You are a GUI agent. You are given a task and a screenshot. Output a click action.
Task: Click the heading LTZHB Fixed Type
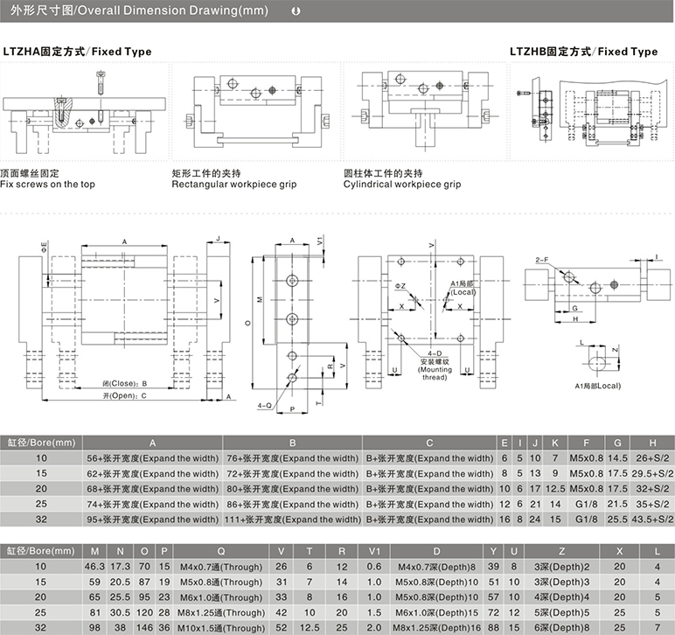tap(584, 52)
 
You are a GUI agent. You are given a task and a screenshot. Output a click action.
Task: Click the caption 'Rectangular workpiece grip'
tap(234, 185)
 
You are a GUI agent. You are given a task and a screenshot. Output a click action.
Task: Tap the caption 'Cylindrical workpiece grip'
tap(402, 185)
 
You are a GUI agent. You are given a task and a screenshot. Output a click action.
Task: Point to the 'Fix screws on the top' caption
tap(47, 185)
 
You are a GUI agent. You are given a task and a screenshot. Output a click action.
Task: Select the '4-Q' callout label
tap(264, 405)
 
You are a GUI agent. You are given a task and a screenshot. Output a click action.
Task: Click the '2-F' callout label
tap(542, 260)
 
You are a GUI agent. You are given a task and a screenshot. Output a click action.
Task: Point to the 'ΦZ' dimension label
tap(400, 286)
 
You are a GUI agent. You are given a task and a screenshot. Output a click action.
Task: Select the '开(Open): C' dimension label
tap(124, 395)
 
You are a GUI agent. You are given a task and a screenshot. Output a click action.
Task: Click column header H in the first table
tap(652, 443)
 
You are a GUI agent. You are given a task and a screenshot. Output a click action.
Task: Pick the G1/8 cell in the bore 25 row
tap(587, 504)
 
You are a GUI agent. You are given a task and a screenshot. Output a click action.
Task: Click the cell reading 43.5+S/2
tap(652, 520)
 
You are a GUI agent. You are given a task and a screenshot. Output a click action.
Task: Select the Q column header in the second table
tap(221, 551)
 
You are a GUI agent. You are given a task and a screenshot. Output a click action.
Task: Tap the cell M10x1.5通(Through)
tap(221, 628)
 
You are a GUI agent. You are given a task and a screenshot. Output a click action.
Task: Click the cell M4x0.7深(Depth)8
tap(436, 567)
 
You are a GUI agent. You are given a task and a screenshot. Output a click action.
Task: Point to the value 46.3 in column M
tap(94, 567)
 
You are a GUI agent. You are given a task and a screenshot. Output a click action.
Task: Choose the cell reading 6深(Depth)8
tap(562, 628)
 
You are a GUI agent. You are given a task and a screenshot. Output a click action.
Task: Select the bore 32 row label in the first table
tap(41, 520)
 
